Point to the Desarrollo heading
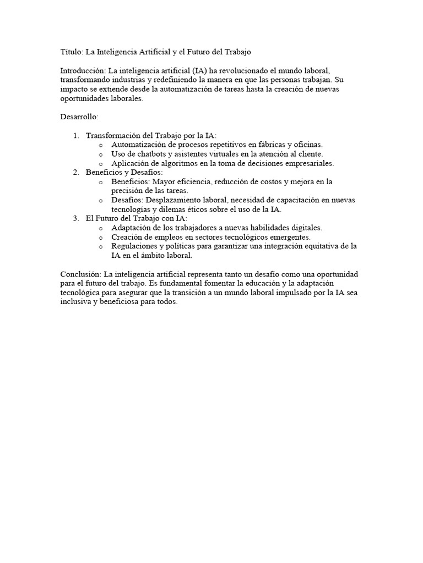click(79, 117)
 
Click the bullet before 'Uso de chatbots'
click(100, 154)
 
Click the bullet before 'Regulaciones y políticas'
click(100, 247)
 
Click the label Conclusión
click(80, 274)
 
